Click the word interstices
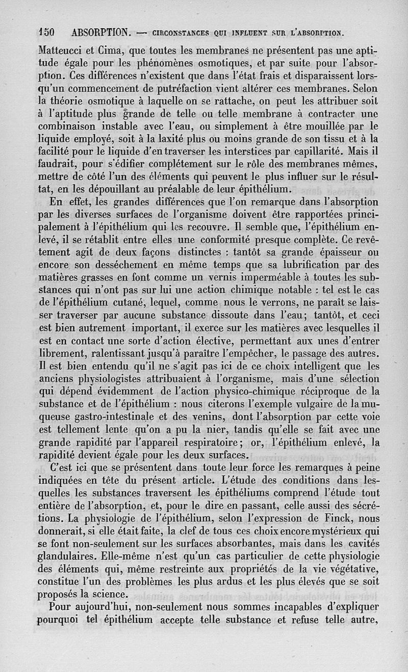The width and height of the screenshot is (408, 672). point(243,151)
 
